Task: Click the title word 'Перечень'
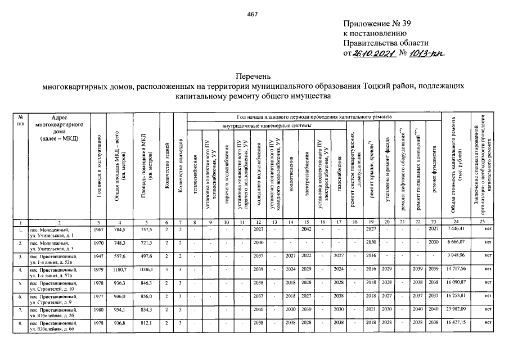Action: point(253,76)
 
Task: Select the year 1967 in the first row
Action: point(99,229)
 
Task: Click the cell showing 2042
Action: point(307,229)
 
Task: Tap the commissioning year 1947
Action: point(99,256)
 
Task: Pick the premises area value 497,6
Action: point(146,256)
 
